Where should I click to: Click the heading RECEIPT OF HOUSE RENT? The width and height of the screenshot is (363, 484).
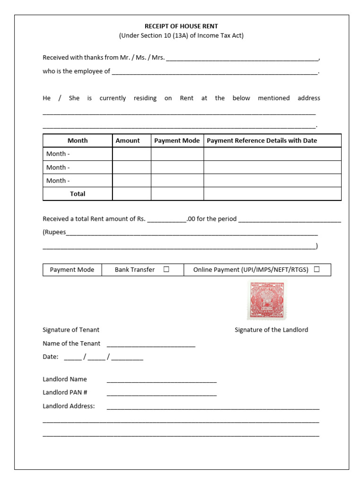pos(181,26)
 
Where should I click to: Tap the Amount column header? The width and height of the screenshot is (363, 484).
pos(128,140)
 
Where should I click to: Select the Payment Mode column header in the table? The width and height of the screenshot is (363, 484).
pos(177,140)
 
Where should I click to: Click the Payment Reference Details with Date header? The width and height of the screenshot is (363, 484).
pos(262,140)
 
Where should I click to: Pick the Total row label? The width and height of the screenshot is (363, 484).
pos(78,194)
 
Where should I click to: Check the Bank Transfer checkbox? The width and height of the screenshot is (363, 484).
pos(166,269)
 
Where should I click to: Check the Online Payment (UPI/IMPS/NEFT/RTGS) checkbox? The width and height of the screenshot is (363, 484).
pos(316,269)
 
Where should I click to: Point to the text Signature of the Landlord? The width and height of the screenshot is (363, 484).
pos(271,330)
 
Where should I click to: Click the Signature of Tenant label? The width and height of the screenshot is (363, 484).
pos(71,330)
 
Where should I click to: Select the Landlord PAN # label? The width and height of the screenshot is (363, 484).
pos(65,392)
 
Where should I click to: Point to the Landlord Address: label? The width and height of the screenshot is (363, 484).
pos(69,406)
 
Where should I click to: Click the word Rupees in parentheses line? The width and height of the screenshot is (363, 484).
pos(55,232)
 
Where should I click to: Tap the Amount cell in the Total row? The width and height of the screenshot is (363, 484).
pos(131,194)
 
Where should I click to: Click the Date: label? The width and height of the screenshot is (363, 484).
pos(51,357)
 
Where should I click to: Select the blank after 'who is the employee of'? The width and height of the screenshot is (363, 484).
pos(215,72)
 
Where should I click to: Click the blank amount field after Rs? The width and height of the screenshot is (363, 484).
pos(166,220)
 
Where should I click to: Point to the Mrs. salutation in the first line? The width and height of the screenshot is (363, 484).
pos(158,58)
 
